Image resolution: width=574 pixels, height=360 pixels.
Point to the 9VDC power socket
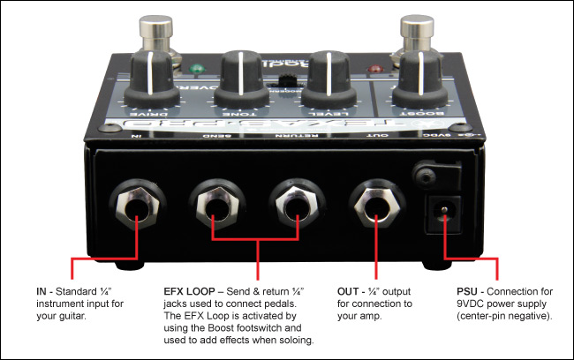[x=443, y=211]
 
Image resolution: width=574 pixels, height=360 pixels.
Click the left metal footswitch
[x=156, y=31]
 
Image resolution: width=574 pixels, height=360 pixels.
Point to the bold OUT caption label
[x=351, y=290]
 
